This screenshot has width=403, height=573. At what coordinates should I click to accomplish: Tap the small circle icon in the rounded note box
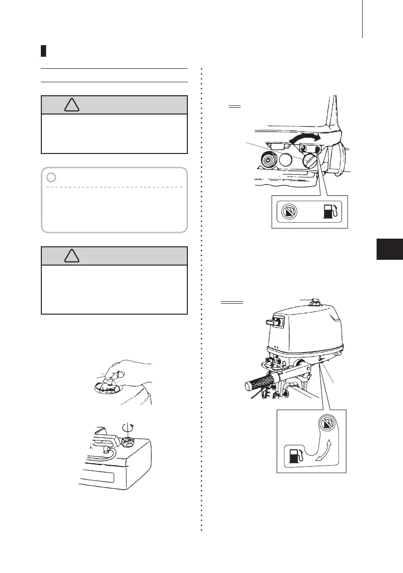[51, 178]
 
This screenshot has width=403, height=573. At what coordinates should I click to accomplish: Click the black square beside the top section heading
[43, 51]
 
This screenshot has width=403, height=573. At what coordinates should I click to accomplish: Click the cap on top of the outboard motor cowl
[316, 303]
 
